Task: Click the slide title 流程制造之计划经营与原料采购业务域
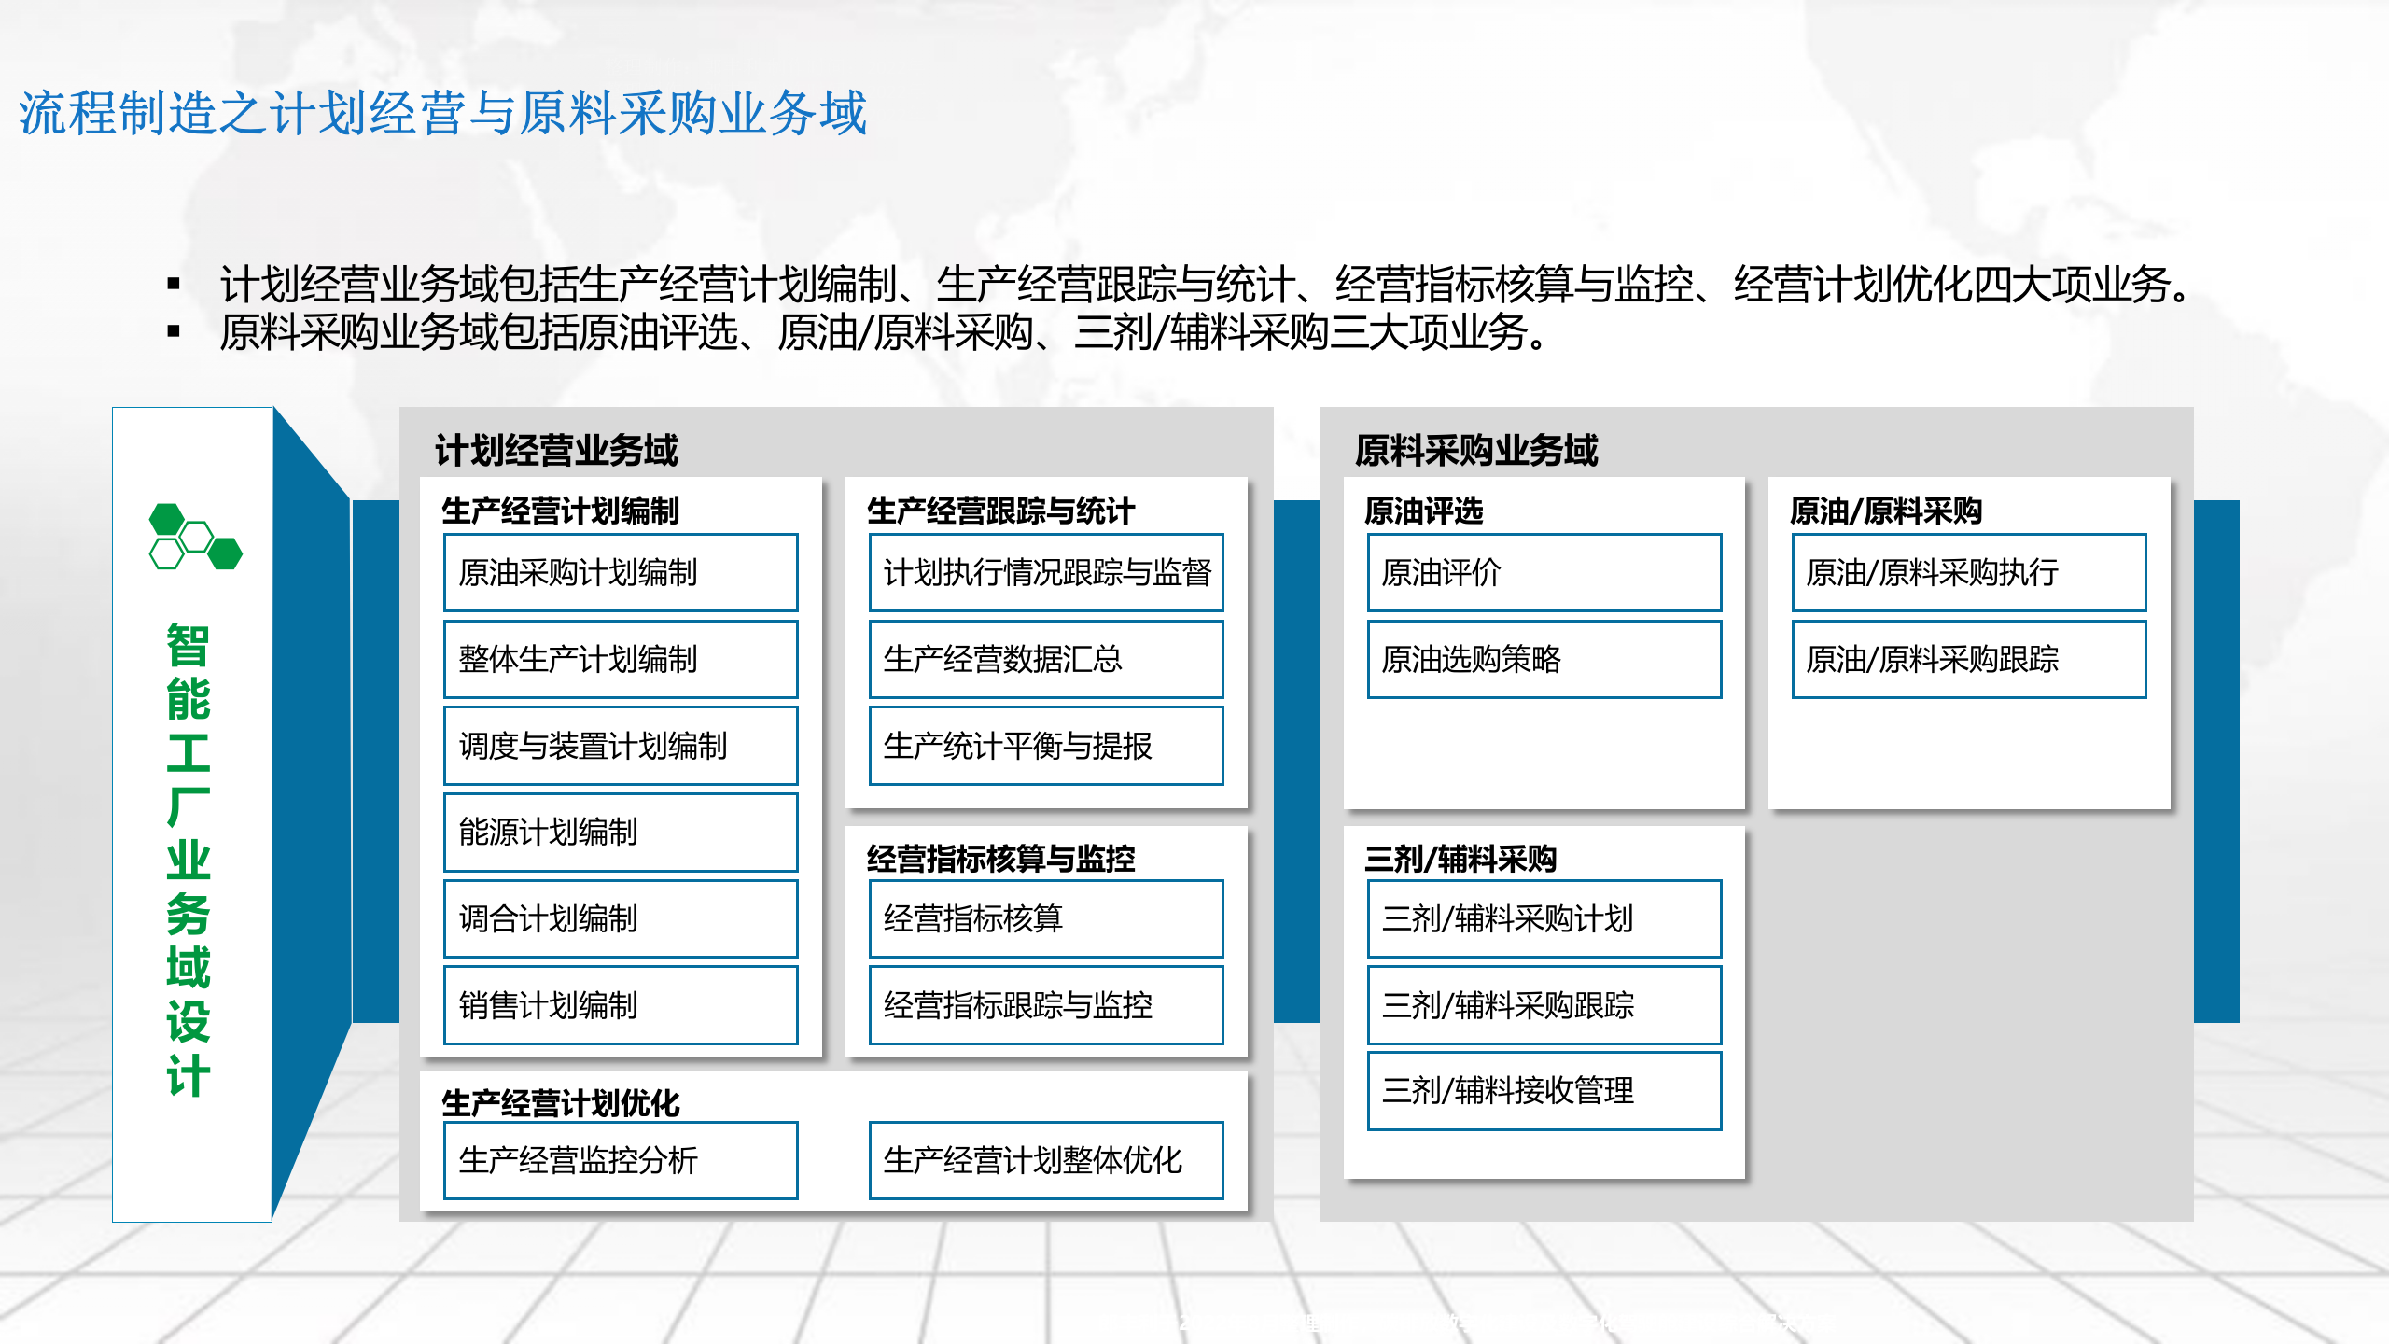[x=443, y=114]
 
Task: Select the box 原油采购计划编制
[x=621, y=572]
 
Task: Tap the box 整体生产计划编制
[x=621, y=659]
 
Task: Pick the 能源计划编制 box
[x=621, y=832]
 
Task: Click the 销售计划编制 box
[x=621, y=1005]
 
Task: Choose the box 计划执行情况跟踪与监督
[x=1046, y=572]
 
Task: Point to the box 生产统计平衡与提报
[x=1046, y=746]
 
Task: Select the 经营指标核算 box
[x=1046, y=918]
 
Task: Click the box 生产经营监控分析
[x=621, y=1160]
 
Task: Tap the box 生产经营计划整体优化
[x=1046, y=1160]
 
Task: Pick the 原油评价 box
[x=1544, y=572]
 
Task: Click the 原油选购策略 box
[x=1544, y=659]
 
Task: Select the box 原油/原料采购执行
[x=1969, y=572]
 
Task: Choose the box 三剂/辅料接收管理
[x=1544, y=1090]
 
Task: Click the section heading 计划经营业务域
[x=556, y=451]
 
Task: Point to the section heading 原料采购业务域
[x=1476, y=451]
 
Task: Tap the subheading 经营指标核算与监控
[x=1000, y=859]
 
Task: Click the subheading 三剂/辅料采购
[x=1460, y=859]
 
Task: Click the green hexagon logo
[x=195, y=537]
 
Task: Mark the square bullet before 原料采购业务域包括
[x=173, y=331]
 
